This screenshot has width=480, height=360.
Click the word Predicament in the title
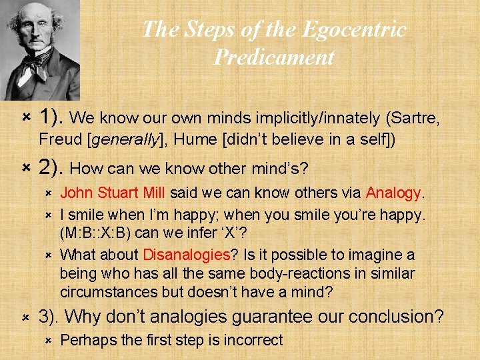tap(274, 57)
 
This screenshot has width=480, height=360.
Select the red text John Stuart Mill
tap(113, 193)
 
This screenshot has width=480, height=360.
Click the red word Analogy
tap(393, 193)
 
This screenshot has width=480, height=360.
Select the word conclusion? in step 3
tap(396, 316)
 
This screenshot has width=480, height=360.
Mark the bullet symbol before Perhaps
tap(47, 340)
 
